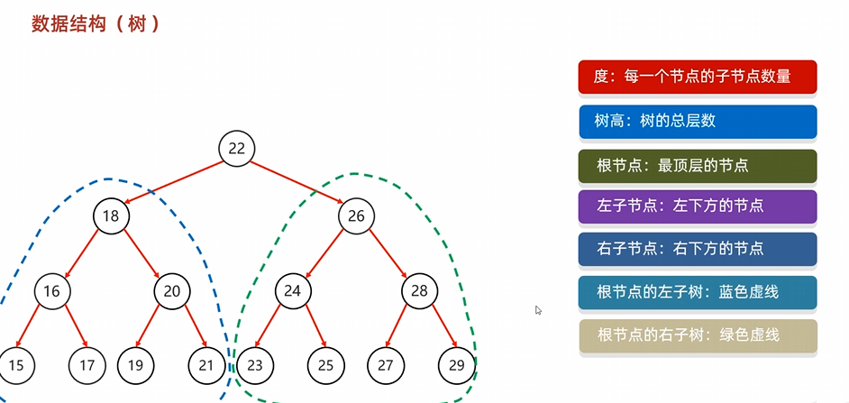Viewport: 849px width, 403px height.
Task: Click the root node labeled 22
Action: click(x=237, y=149)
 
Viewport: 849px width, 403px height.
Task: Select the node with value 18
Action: click(x=112, y=216)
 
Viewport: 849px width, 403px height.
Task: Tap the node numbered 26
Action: click(x=356, y=216)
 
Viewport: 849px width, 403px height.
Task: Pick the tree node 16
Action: click(x=51, y=290)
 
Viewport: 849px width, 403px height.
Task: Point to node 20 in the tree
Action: click(x=171, y=290)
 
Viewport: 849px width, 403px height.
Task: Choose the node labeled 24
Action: click(x=292, y=290)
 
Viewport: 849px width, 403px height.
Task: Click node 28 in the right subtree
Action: click(x=418, y=290)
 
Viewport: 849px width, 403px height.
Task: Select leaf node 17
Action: click(x=87, y=365)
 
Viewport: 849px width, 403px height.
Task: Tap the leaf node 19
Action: click(x=134, y=365)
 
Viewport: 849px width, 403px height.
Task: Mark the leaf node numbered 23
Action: click(x=254, y=365)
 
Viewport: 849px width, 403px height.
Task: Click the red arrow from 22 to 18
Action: click(x=174, y=183)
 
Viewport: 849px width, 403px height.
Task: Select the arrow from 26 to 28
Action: click(x=388, y=253)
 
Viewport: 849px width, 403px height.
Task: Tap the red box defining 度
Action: click(x=698, y=77)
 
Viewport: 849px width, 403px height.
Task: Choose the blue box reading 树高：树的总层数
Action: click(x=698, y=121)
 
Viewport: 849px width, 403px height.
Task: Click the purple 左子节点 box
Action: click(x=698, y=206)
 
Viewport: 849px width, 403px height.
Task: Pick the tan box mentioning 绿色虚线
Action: click(x=698, y=335)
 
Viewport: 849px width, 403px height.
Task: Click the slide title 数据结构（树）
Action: click(x=96, y=23)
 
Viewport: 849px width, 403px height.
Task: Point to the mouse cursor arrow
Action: click(x=538, y=310)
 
